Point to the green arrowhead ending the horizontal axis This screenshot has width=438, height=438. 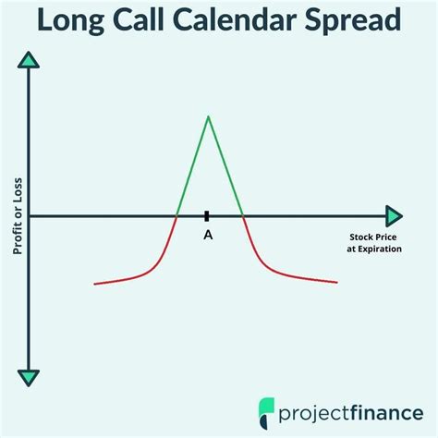pos(395,215)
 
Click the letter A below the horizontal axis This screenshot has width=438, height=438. pos(208,236)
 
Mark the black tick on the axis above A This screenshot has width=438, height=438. pos(208,215)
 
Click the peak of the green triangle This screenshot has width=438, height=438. pos(208,116)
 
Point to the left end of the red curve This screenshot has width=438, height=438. pos(95,284)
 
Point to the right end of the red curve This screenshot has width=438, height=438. pos(337,282)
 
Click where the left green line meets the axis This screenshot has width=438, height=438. pos(176,215)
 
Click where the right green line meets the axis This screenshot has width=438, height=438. pos(242,215)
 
